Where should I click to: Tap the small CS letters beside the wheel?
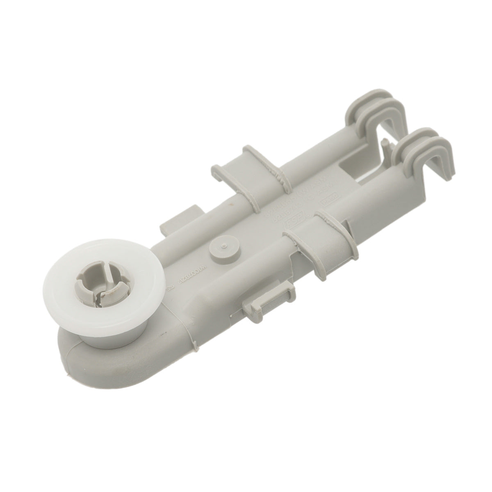pyautogui.click(x=169, y=289)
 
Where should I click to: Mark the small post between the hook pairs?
pyautogui.click(x=385, y=146)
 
